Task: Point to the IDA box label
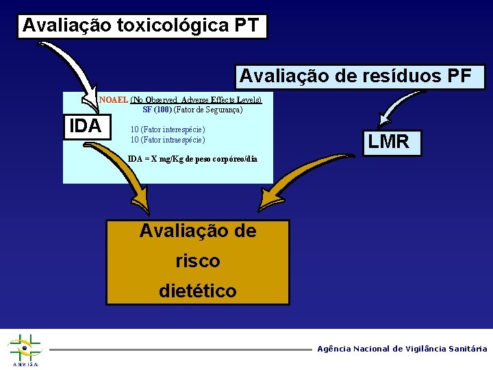86,126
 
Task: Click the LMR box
388,142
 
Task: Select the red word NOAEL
114,99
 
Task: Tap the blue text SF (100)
157,109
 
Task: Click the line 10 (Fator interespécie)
168,129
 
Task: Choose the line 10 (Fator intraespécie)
168,140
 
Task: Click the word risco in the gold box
197,261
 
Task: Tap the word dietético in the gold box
197,291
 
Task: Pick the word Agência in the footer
333,349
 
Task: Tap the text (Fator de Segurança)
208,109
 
